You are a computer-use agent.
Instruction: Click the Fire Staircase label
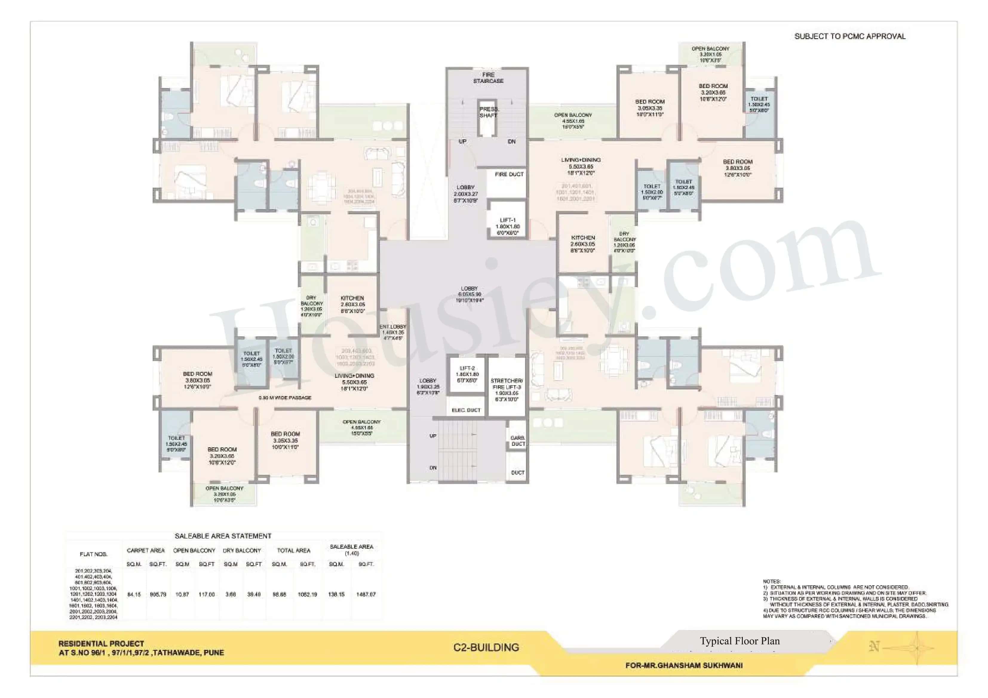pos(488,78)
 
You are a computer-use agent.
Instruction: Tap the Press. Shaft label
pos(488,112)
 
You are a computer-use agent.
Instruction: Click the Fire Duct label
pos(509,174)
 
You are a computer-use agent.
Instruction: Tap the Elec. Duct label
pos(466,410)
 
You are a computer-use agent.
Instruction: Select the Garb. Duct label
pos(517,441)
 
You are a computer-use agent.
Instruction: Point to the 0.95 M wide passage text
pos(285,398)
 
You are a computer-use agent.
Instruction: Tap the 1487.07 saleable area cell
pos(366,594)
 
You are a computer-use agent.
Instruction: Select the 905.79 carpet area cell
pos(158,594)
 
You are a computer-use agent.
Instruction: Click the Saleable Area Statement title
pos(223,536)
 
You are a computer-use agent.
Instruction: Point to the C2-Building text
pos(486,647)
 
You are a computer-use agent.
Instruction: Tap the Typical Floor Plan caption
pos(739,641)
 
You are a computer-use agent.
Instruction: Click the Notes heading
pos(771,581)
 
